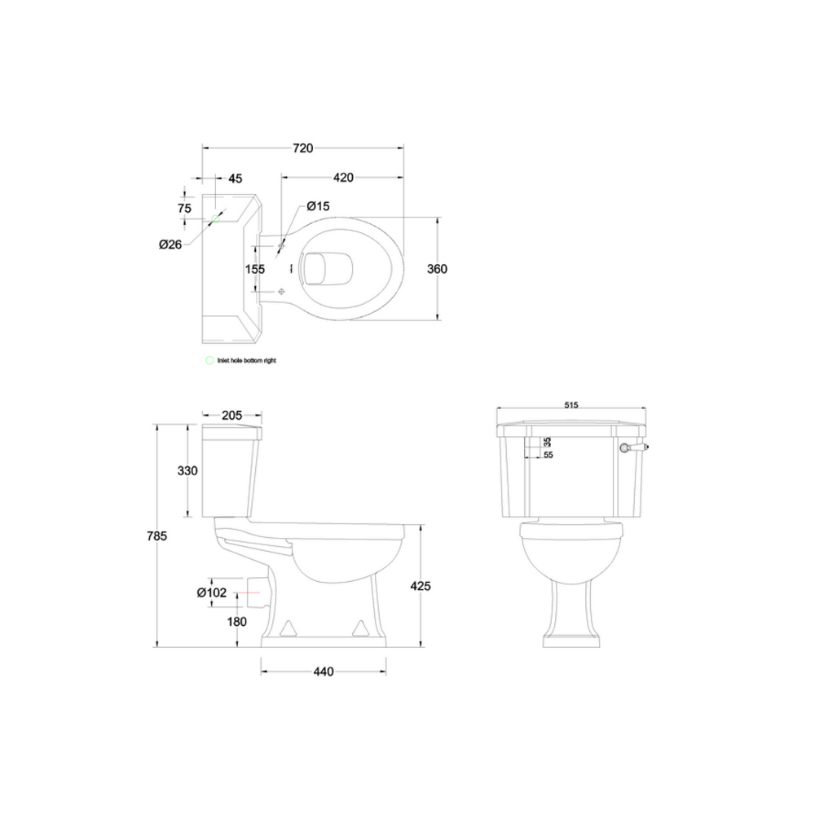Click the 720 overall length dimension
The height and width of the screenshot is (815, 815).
(x=302, y=148)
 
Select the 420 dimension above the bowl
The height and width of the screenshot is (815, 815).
(x=342, y=177)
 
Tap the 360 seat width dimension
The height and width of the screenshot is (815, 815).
(x=438, y=269)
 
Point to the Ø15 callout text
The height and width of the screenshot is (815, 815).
(x=319, y=207)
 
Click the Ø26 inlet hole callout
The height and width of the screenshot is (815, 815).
(x=170, y=244)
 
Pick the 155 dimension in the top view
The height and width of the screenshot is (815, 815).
(x=256, y=268)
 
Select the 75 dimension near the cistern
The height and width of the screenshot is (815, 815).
(x=184, y=208)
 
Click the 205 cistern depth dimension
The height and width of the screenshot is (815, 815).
(x=231, y=416)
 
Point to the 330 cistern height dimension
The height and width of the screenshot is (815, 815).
(x=187, y=471)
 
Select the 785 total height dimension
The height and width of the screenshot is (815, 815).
(x=156, y=536)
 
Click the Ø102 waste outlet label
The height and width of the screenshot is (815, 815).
(x=211, y=593)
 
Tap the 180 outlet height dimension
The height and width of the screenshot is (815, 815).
(x=237, y=623)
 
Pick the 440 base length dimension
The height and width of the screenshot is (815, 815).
(x=324, y=672)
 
